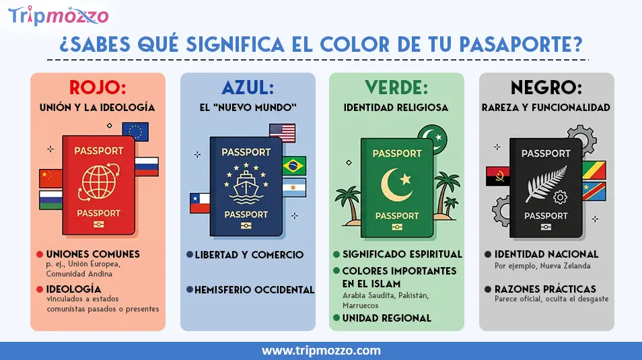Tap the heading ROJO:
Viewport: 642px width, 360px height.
point(98,88)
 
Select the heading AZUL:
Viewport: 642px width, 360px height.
point(248,88)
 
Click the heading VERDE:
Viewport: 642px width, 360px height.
point(396,88)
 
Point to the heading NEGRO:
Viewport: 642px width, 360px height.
point(546,88)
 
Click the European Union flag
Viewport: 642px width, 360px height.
point(135,132)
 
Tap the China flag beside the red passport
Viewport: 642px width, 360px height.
point(50,178)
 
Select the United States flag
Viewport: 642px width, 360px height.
point(282,133)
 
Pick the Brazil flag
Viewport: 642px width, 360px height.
point(293,166)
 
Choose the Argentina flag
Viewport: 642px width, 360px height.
point(293,187)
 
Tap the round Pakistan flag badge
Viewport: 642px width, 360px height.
point(433,138)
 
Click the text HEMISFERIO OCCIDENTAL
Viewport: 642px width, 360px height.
point(254,290)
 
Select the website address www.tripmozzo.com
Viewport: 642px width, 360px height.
point(321,351)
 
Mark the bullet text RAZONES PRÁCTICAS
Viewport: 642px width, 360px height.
point(545,289)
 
